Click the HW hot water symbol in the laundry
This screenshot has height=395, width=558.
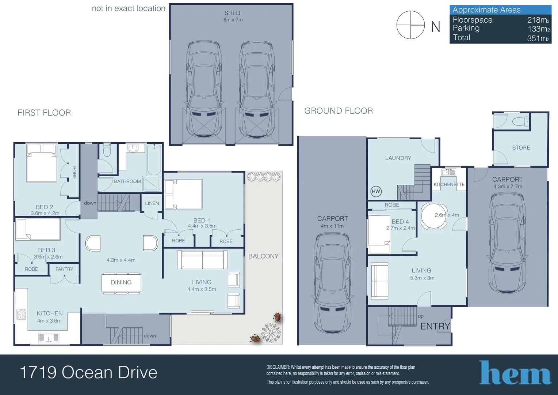(x=376, y=191)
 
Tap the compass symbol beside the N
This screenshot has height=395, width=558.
(x=410, y=25)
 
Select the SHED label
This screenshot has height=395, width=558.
(x=232, y=13)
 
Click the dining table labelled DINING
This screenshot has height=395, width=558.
(x=121, y=282)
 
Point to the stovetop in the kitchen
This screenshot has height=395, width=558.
(x=21, y=314)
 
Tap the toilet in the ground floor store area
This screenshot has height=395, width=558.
(x=520, y=121)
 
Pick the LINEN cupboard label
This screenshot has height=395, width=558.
(x=152, y=203)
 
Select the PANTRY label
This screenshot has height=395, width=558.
(x=64, y=269)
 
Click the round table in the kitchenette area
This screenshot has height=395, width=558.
(x=434, y=216)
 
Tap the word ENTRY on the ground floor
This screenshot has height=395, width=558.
(x=435, y=326)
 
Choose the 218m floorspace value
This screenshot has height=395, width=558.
(x=538, y=20)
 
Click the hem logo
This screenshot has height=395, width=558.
(x=515, y=372)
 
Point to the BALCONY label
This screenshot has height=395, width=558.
(x=263, y=256)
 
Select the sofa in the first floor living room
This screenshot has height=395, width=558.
(x=202, y=260)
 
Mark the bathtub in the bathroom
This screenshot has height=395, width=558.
(x=154, y=160)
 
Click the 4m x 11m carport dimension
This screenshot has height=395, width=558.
(x=332, y=226)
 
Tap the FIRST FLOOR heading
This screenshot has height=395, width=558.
(x=44, y=113)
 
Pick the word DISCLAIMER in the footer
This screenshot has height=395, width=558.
(x=278, y=367)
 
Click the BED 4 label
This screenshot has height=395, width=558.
(x=400, y=222)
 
